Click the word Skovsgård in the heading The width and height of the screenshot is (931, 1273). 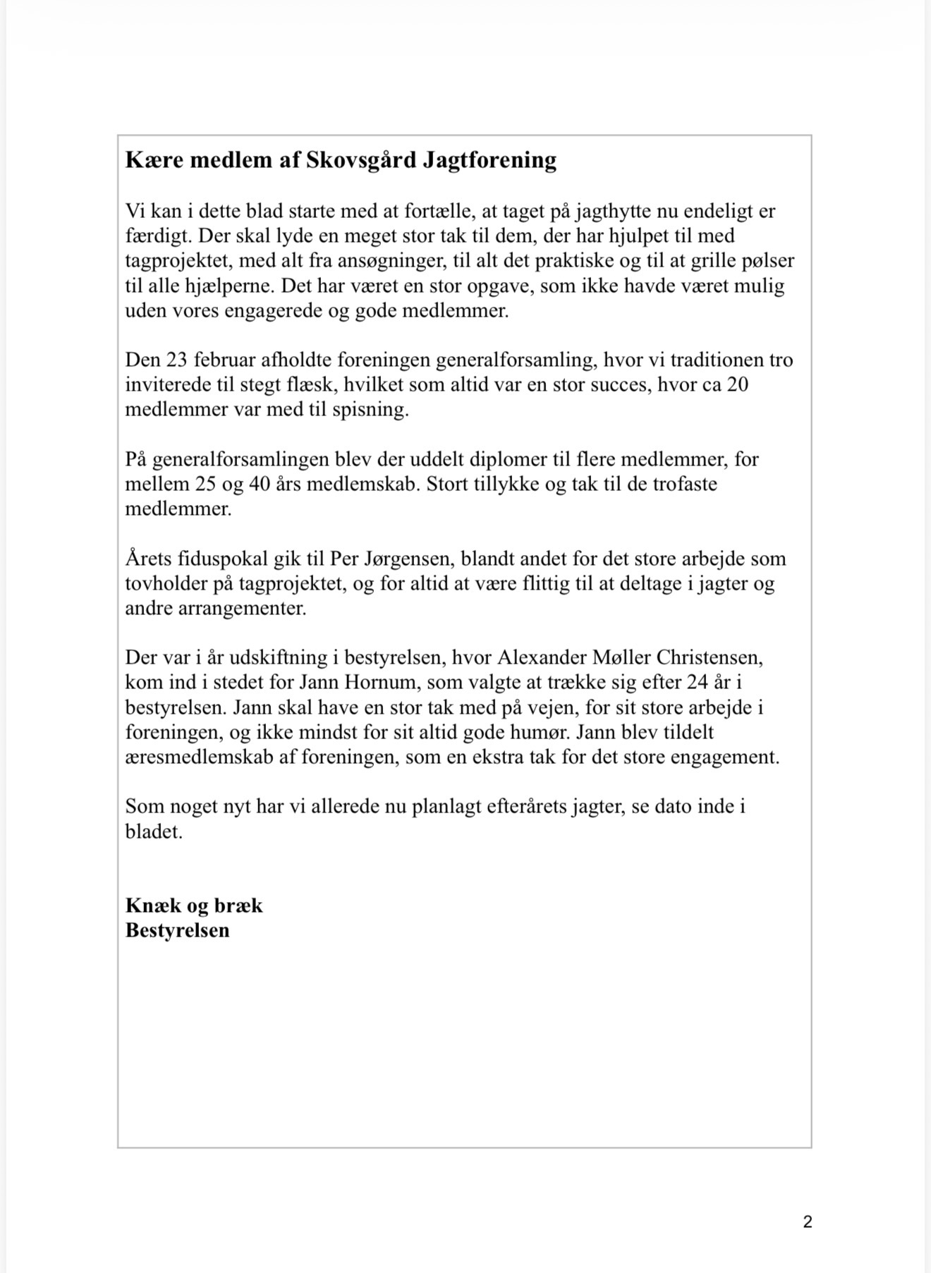360,161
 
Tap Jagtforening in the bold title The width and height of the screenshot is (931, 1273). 489,161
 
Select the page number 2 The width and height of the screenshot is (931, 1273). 808,1222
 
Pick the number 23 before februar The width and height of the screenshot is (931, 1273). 176,360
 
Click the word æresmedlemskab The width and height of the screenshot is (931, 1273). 201,757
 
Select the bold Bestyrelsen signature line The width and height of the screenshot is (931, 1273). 178,930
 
